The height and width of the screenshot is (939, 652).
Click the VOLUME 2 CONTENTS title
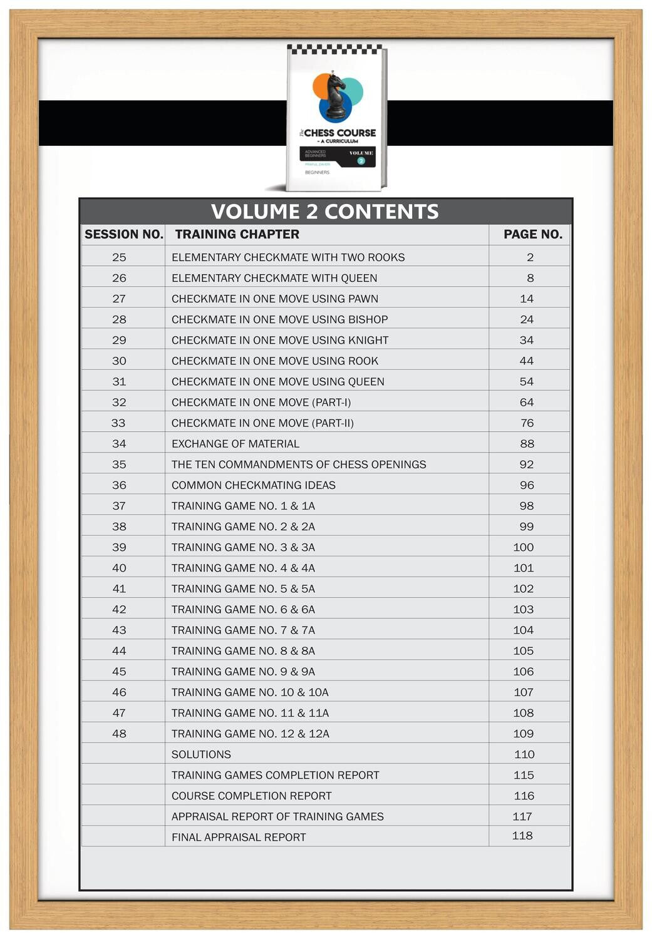[x=324, y=212]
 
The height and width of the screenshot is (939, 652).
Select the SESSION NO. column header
[x=123, y=234]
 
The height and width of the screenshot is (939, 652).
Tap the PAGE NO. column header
[x=532, y=234]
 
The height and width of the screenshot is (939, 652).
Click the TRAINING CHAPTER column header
[x=237, y=234]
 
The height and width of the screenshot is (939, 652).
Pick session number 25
[x=119, y=257]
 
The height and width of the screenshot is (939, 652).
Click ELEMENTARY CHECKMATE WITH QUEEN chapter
[x=274, y=278]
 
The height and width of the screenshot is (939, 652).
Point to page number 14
[x=527, y=299]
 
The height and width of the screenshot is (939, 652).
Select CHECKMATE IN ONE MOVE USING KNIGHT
[x=280, y=340]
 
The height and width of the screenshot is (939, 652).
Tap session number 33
[x=118, y=423]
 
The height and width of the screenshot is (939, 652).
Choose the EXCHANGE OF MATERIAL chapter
[x=235, y=444]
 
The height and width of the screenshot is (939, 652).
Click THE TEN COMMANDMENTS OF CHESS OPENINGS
[x=299, y=464]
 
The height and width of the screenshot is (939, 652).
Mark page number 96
[x=527, y=485]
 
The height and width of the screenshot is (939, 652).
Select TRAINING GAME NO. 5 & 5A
[x=243, y=588]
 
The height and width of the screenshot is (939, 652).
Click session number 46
[x=119, y=692]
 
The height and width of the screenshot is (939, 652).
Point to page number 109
[x=524, y=734]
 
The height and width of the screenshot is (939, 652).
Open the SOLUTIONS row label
[x=201, y=754]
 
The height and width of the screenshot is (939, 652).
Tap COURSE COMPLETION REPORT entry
[x=251, y=796]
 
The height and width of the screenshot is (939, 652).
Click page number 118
[x=522, y=836]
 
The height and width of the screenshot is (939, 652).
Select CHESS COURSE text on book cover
[x=339, y=133]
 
